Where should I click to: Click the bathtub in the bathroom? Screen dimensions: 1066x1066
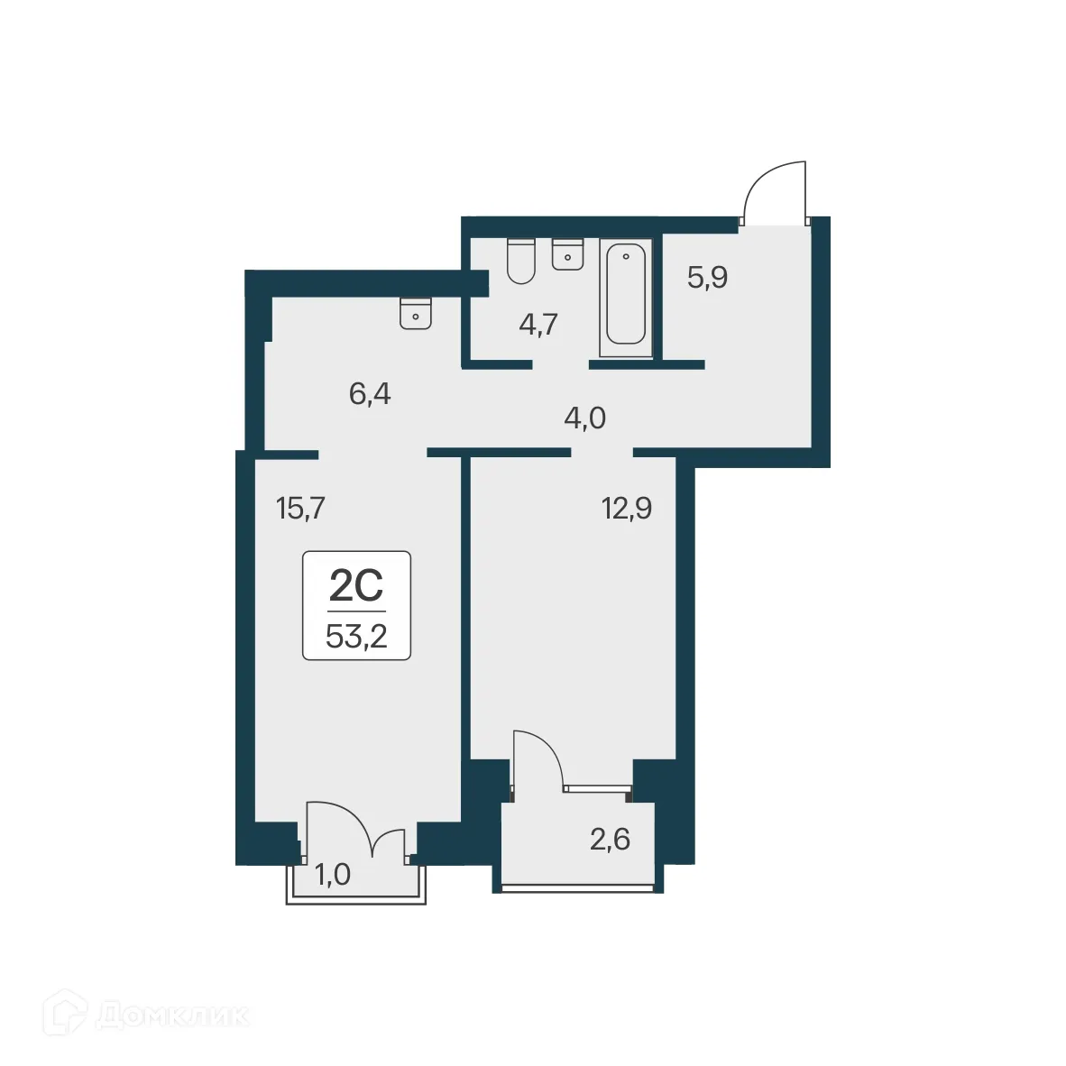[x=626, y=297]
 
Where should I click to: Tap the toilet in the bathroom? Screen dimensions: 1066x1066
[x=521, y=262]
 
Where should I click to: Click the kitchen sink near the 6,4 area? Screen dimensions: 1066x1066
[x=416, y=313]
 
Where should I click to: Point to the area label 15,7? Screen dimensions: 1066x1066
[x=300, y=509]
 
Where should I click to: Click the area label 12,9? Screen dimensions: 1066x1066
[x=627, y=509]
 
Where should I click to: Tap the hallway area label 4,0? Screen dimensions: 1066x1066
[x=584, y=418]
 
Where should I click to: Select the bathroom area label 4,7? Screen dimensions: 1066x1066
[x=538, y=324]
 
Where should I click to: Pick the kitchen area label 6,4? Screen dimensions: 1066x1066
[x=370, y=394]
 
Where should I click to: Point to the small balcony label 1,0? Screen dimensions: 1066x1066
[x=332, y=874]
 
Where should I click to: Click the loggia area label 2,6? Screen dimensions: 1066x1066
[x=610, y=840]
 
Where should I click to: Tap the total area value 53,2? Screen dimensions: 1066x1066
[x=356, y=637]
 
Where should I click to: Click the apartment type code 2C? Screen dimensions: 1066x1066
[x=356, y=586]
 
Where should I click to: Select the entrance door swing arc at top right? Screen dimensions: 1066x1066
[x=774, y=190]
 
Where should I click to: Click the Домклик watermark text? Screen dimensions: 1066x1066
[x=171, y=1015]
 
